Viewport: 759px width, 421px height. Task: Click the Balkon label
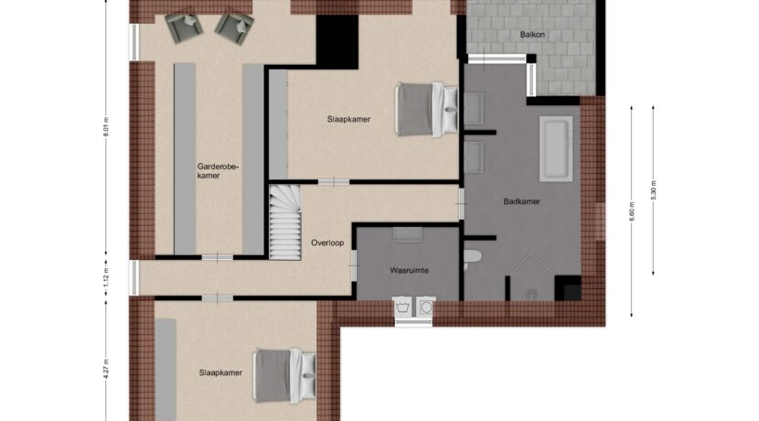click(x=532, y=35)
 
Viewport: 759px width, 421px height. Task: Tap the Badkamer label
click(x=521, y=201)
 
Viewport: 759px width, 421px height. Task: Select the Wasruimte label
click(x=409, y=270)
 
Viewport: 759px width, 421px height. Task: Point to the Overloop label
click(x=327, y=243)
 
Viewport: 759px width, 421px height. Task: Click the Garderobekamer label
click(x=218, y=171)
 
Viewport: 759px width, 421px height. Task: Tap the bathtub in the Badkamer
click(x=556, y=149)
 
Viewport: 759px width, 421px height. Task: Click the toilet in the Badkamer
click(x=472, y=257)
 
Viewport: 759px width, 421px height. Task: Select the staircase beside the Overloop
click(x=284, y=221)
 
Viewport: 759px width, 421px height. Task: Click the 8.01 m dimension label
click(x=106, y=127)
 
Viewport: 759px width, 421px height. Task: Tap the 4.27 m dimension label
click(x=106, y=368)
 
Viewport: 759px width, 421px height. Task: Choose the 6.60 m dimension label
click(x=631, y=211)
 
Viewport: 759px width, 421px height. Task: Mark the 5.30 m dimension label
click(x=653, y=190)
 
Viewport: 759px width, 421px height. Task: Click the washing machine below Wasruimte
click(x=402, y=308)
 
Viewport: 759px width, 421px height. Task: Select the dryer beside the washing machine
click(x=425, y=308)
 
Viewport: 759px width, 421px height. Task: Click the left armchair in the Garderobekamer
click(x=184, y=27)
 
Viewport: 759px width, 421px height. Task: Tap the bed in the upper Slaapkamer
click(x=427, y=110)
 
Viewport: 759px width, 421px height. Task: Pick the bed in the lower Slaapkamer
click(x=284, y=375)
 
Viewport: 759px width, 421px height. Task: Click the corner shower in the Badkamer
click(x=531, y=277)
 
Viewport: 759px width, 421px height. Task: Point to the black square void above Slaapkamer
click(x=337, y=42)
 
